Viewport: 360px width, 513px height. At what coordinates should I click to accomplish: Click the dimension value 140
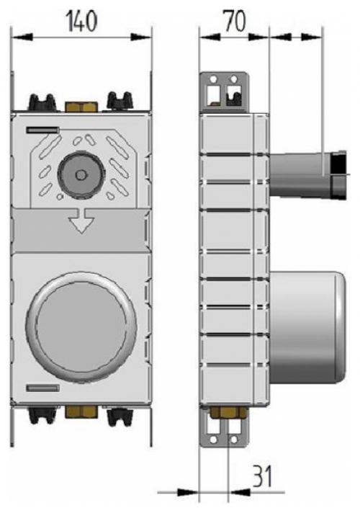[81, 22]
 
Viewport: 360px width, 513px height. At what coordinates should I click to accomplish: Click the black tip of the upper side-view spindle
[336, 174]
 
